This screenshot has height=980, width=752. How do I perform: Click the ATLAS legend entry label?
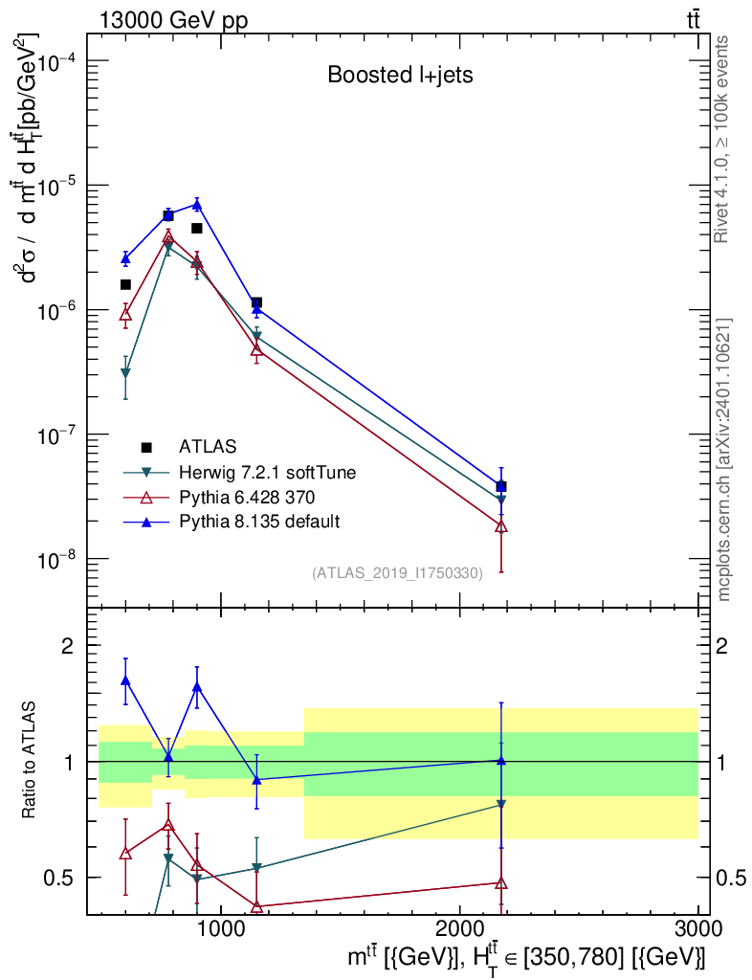point(208,446)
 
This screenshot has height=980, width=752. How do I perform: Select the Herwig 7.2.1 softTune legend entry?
point(267,472)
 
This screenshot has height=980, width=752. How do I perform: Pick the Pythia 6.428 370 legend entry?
point(247,497)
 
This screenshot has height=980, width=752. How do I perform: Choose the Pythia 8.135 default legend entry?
point(259,522)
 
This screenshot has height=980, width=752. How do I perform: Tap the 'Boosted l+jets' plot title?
point(400,75)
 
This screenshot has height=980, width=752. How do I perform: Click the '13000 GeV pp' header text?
point(173,20)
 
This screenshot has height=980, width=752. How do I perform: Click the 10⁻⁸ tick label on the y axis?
point(56,558)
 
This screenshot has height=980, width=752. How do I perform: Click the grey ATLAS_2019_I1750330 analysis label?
point(397,572)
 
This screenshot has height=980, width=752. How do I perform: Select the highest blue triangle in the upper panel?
point(197,204)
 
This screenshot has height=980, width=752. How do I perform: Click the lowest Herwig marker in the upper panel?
point(125,372)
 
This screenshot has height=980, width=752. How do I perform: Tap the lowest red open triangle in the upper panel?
point(501,526)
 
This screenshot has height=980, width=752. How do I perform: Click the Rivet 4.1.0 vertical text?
point(720,139)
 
